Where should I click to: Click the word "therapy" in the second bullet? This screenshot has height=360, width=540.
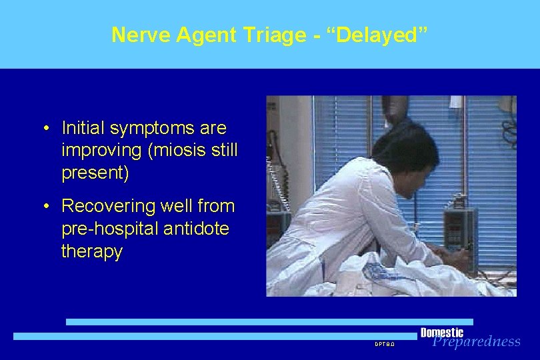[x=91, y=251]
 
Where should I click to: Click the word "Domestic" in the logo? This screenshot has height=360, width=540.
[x=442, y=333]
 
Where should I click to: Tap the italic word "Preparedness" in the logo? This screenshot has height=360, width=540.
[x=476, y=342]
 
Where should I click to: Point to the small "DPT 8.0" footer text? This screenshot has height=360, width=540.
[x=385, y=345]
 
